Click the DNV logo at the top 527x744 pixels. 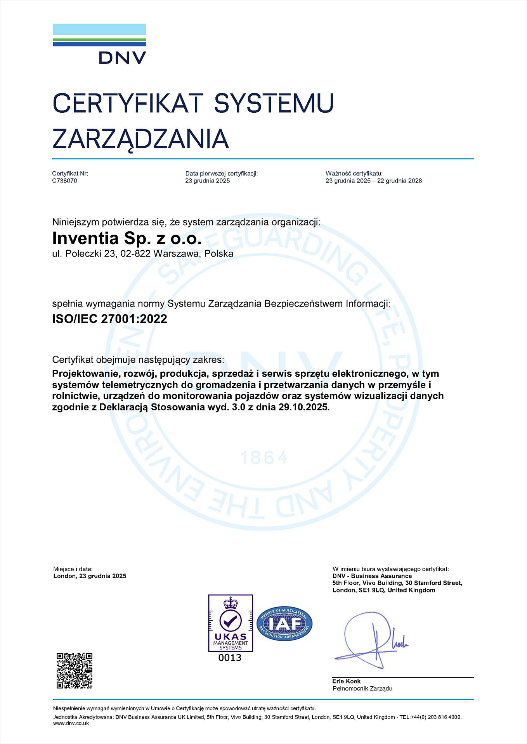click(99, 44)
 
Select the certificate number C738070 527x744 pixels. click(65, 181)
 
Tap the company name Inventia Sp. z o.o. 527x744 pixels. click(127, 238)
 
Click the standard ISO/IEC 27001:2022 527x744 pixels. click(109, 319)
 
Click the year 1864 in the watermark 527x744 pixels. click(264, 458)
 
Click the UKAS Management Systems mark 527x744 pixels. click(231, 623)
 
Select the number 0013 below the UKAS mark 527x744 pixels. click(230, 658)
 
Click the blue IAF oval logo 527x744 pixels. click(284, 623)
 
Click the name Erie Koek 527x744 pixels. click(347, 681)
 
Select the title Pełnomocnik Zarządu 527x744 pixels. click(362, 689)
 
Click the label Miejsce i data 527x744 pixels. click(73, 569)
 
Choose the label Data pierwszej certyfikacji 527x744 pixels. click(222, 174)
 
